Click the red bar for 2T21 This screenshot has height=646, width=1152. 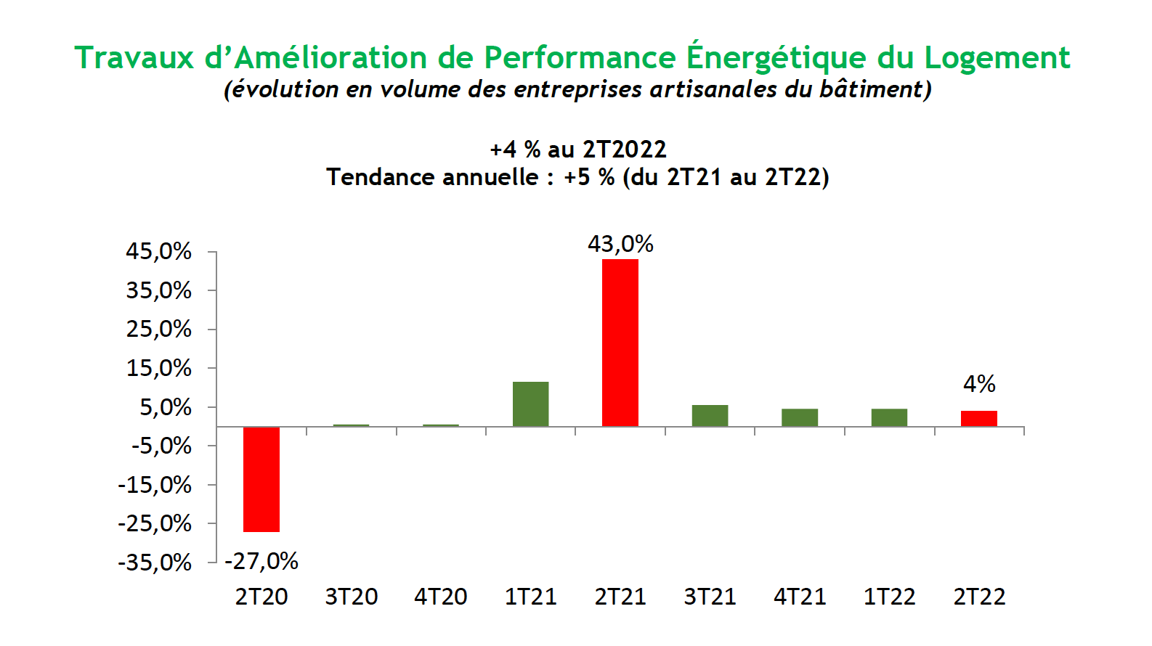pyautogui.click(x=620, y=343)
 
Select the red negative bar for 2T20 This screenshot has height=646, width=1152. pyautogui.click(x=261, y=479)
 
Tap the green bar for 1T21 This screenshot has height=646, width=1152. pyautogui.click(x=530, y=404)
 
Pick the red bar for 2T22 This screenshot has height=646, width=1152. pyautogui.click(x=978, y=419)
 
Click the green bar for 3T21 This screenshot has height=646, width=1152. pyautogui.click(x=710, y=416)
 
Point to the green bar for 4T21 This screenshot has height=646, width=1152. pyautogui.click(x=800, y=417)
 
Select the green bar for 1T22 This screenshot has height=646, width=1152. pyautogui.click(x=889, y=417)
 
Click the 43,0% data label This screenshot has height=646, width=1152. pyautogui.click(x=620, y=244)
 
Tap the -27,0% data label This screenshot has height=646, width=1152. pyautogui.click(x=261, y=561)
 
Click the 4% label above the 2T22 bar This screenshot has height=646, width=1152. pyautogui.click(x=979, y=384)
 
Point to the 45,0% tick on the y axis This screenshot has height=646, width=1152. pyautogui.click(x=158, y=252)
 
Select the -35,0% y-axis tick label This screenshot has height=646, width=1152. pyautogui.click(x=155, y=563)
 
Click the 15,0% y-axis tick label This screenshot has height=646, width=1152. pyautogui.click(x=158, y=369)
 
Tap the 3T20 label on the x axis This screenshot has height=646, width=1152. pyautogui.click(x=351, y=597)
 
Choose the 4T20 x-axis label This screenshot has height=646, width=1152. pyautogui.click(x=441, y=597)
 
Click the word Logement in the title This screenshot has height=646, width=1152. pyautogui.click(x=997, y=58)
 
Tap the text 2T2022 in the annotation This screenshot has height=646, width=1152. pyautogui.click(x=624, y=150)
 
